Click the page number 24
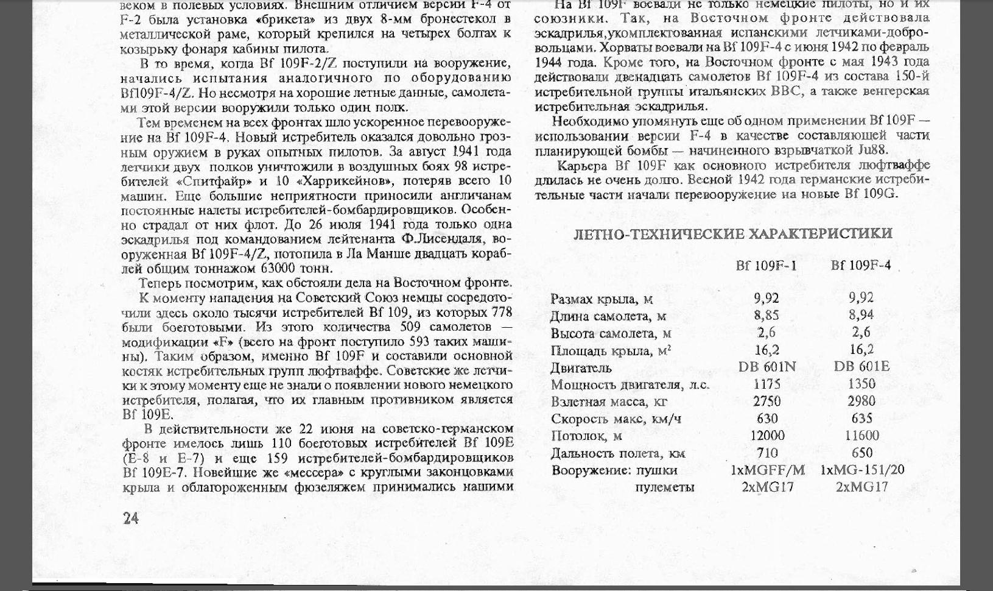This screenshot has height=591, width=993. point(131,518)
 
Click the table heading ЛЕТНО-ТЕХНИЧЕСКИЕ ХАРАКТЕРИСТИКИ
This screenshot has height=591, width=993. point(733,234)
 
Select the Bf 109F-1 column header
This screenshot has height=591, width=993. point(766,266)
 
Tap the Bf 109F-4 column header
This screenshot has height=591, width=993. point(860,265)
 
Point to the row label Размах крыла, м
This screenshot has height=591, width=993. point(602,299)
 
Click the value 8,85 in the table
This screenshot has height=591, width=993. point(767,315)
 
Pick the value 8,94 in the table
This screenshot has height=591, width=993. point(861,315)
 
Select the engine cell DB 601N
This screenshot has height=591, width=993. point(767,367)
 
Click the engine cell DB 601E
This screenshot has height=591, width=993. point(861,366)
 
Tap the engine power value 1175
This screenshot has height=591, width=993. point(767,384)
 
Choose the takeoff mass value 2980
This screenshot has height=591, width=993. point(861,401)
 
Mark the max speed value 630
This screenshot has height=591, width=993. point(767,419)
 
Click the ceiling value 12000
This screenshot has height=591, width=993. point(767,436)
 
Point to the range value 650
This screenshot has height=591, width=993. point(861,453)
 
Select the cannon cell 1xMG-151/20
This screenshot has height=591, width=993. point(861,470)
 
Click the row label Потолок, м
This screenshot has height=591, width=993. point(586,436)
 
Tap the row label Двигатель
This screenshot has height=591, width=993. point(581,368)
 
